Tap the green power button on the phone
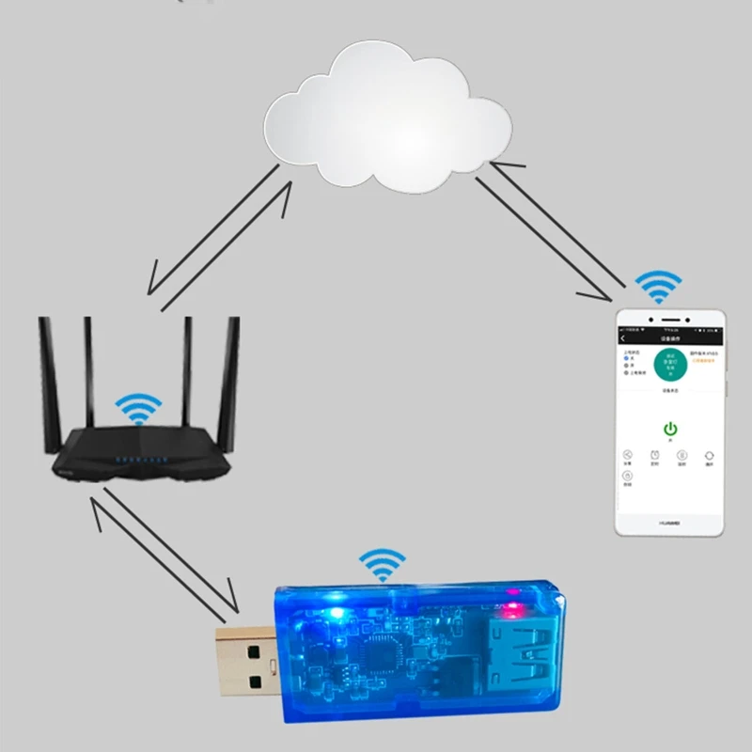click(670, 429)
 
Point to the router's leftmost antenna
click(46, 376)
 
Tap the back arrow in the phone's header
click(622, 338)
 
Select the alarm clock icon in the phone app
click(654, 455)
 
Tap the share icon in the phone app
click(627, 455)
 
